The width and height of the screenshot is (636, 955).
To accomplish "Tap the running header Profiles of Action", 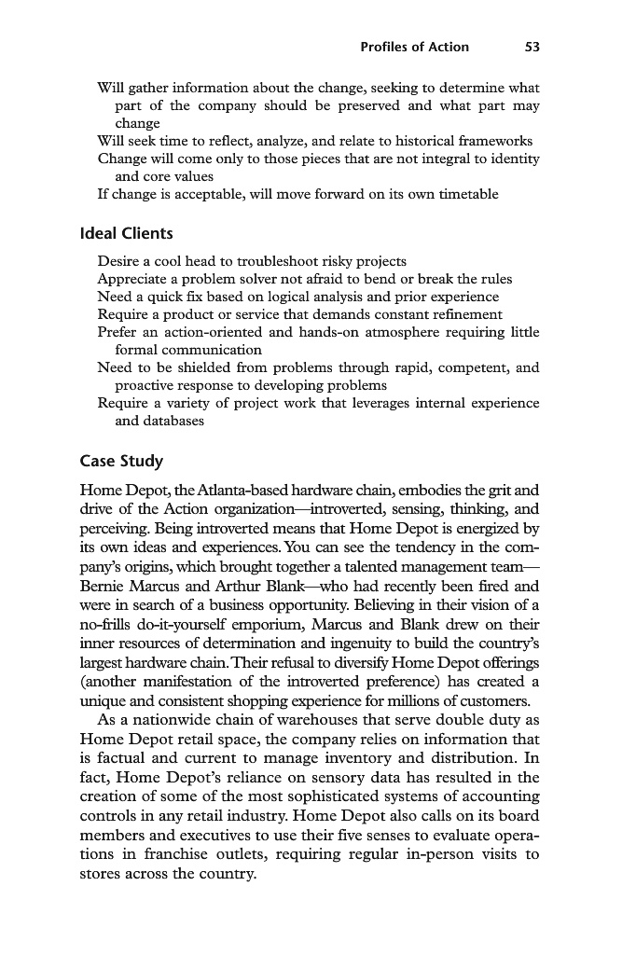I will (x=414, y=47).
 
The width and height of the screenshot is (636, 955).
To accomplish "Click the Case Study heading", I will (x=121, y=461).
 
